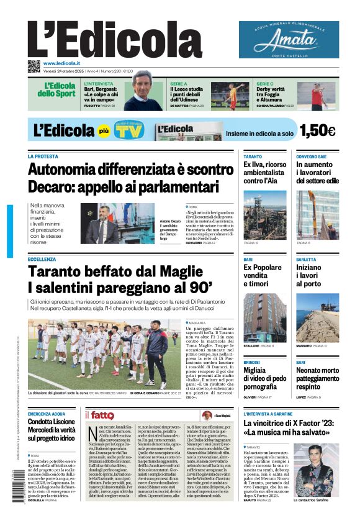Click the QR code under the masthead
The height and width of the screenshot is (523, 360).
[34, 66]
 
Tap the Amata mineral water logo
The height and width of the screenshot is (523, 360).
[289, 40]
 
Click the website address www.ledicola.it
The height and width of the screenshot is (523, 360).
[66, 63]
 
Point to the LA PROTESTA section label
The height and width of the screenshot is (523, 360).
[43, 157]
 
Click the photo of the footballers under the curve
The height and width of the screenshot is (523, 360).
[104, 353]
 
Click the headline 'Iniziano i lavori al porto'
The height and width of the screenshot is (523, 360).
[312, 275]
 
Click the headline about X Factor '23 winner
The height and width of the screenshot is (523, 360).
[291, 429]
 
